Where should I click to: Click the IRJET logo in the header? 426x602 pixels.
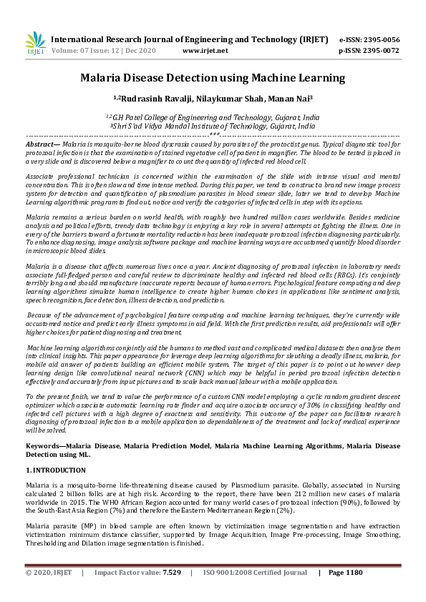[35, 44]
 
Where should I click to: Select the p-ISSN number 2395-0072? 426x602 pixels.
[381, 51]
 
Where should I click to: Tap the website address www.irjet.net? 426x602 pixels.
[205, 51]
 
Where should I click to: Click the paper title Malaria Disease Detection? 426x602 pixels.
[213, 77]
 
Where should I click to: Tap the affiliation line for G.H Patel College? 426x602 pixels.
[213, 116]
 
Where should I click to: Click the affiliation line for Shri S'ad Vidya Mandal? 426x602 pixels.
[213, 124]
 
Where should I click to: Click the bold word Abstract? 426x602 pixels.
[42, 144]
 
